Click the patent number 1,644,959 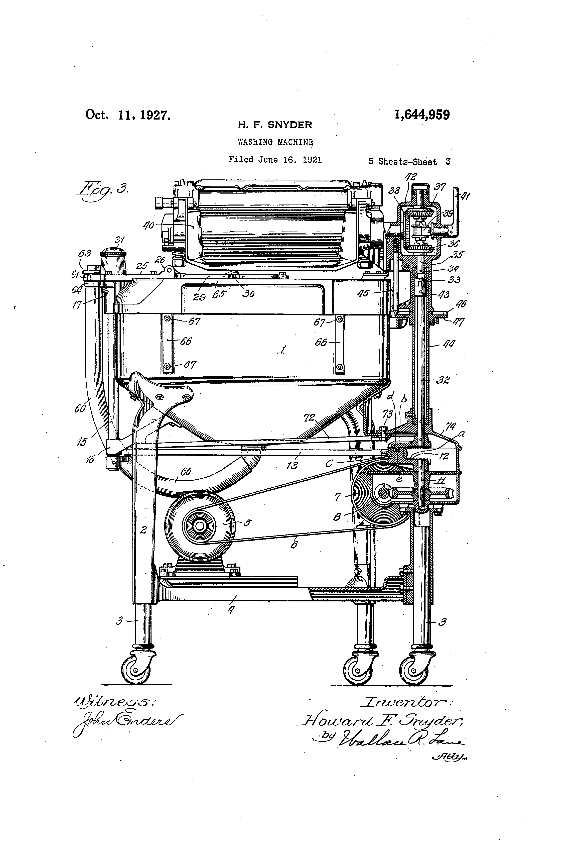[x=422, y=115]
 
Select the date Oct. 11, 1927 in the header [x=128, y=115]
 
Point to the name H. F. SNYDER [x=275, y=125]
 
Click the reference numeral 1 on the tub [x=282, y=350]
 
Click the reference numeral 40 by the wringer [x=149, y=225]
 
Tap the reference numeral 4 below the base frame [x=231, y=610]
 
